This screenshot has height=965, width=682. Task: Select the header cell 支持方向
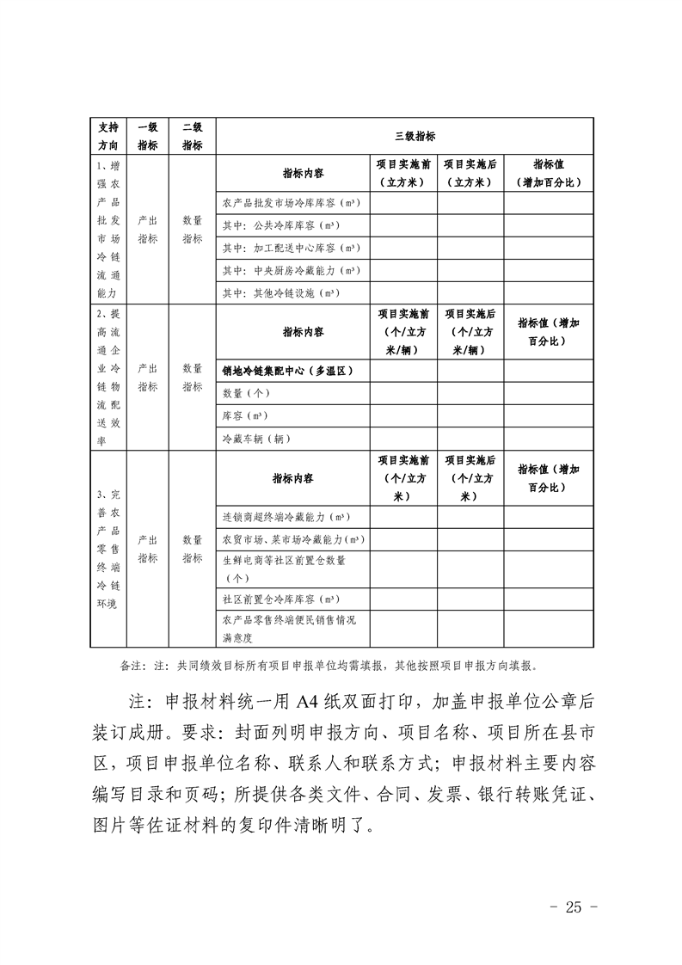coord(108,136)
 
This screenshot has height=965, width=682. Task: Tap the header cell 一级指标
coord(148,136)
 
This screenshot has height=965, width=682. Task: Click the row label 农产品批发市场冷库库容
coord(290,204)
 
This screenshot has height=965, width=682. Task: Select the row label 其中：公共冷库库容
coord(280,226)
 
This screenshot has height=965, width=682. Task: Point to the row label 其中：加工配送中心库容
coord(290,249)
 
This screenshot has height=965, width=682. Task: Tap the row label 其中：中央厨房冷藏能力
coord(290,271)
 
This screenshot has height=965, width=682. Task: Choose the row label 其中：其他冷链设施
coord(280,293)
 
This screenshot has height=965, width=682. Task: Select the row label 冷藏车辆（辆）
coord(256,439)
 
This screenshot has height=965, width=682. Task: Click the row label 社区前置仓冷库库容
coord(280,599)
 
